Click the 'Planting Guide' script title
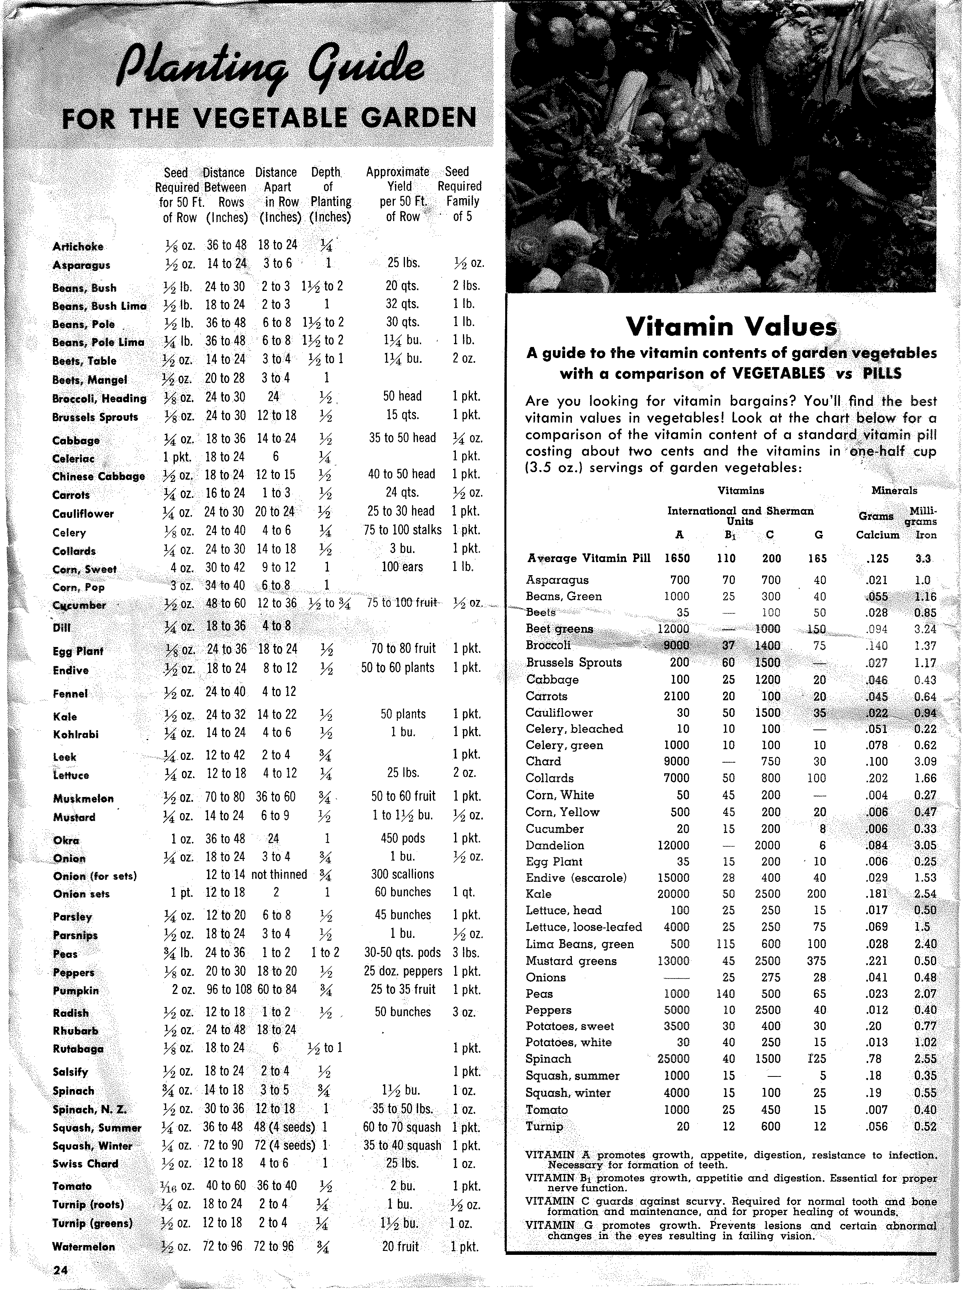pyautogui.click(x=270, y=69)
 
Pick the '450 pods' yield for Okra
pyautogui.click(x=402, y=838)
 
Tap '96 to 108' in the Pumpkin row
pyautogui.click(x=229, y=990)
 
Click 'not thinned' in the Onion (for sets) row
pyautogui.click(x=279, y=874)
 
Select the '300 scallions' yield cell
pyautogui.click(x=402, y=874)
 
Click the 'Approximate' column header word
pyautogui.click(x=397, y=172)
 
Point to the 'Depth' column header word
pyautogui.click(x=325, y=172)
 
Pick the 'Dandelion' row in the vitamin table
pyautogui.click(x=555, y=845)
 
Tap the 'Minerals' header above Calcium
pyautogui.click(x=894, y=491)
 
